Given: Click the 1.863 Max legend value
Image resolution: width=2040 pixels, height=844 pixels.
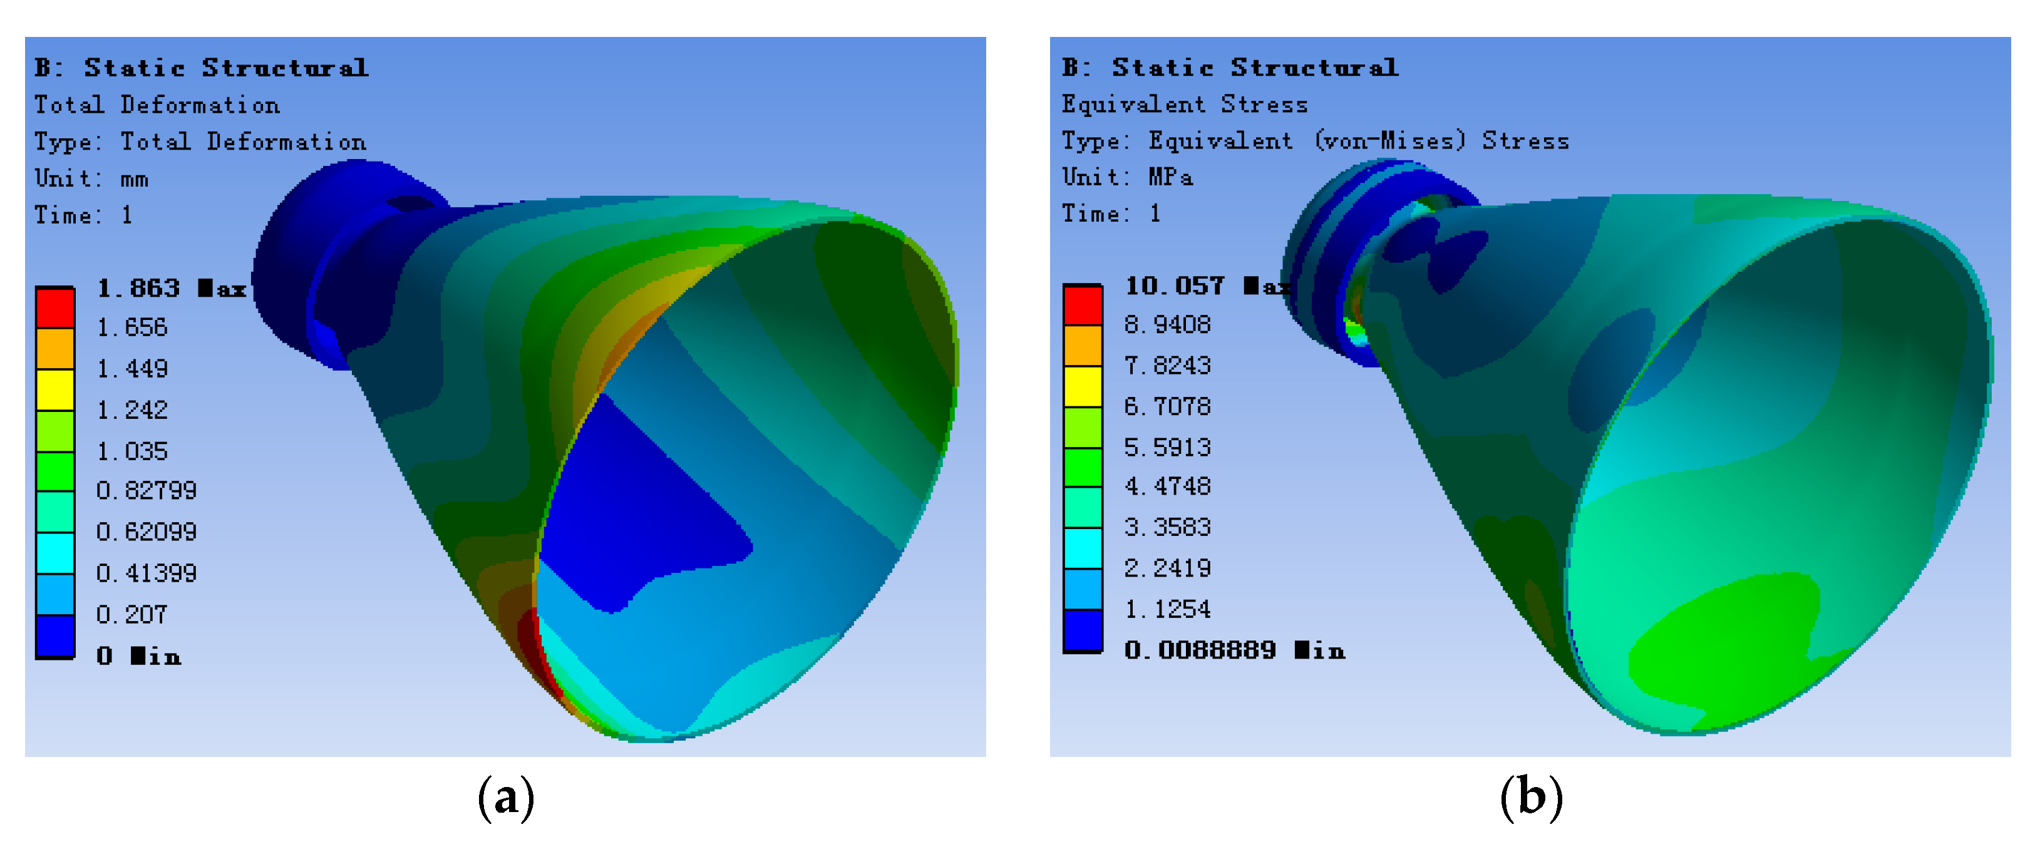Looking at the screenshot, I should (x=170, y=288).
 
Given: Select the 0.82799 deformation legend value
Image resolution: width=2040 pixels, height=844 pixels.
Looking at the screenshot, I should (x=147, y=491).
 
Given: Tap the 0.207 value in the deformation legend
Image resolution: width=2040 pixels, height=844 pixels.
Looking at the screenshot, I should (x=132, y=614).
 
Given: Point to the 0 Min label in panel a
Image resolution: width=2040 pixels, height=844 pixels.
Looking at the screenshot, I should (x=138, y=656).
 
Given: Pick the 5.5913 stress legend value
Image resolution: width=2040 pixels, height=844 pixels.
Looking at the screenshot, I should (x=1167, y=447).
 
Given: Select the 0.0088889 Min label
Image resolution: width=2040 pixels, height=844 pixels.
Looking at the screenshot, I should (x=1234, y=651).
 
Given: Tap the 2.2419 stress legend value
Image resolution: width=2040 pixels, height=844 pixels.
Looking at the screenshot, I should (x=1167, y=569).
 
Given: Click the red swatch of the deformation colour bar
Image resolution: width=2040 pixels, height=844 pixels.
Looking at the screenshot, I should (x=56, y=307).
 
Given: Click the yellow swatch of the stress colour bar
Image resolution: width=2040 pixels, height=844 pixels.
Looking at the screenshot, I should (x=1083, y=386).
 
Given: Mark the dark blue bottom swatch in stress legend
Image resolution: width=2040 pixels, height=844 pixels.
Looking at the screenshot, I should (x=1083, y=630).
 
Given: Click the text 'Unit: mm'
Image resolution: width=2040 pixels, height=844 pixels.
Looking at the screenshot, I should (x=91, y=179).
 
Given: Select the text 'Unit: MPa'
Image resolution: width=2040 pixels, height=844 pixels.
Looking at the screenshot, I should (x=1127, y=177).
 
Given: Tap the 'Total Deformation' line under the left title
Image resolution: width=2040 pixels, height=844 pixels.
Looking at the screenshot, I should (x=156, y=105).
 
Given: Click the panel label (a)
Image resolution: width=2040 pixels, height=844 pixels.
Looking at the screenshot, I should (x=506, y=797).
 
